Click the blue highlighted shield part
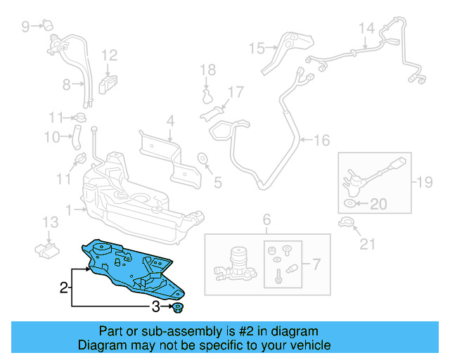point(134,267)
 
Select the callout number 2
point(63,288)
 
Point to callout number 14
point(366,28)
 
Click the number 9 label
point(26,27)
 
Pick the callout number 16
point(321,141)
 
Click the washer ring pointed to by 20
point(350,204)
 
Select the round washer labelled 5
point(202,157)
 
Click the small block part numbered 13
point(47,249)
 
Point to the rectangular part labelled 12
point(108,82)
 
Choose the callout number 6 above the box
point(266,221)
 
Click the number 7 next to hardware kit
point(315,265)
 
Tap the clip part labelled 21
point(346,224)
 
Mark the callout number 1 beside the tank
point(68,209)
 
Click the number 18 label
point(206,70)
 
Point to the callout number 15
point(256,49)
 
